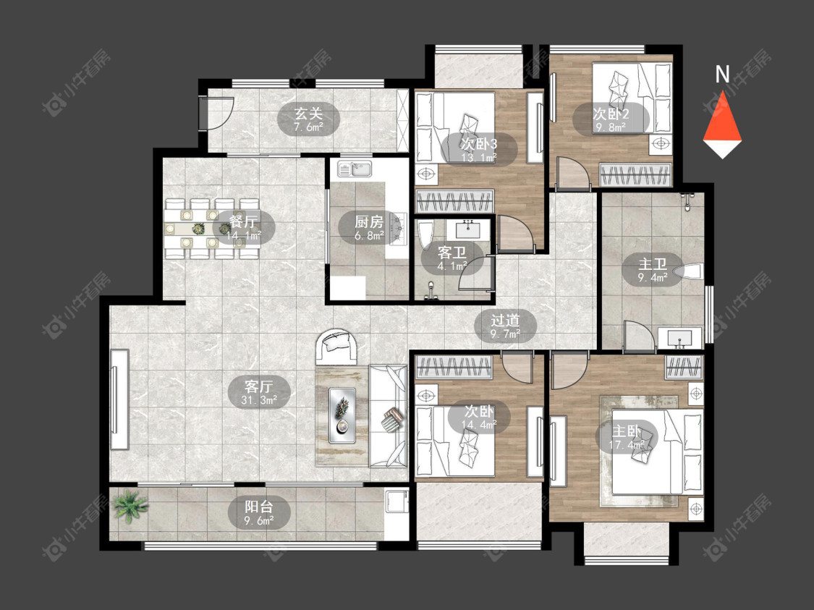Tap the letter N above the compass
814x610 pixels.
(722, 75)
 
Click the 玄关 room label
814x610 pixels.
(308, 113)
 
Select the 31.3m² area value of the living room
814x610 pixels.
(258, 400)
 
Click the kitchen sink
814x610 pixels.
(355, 169)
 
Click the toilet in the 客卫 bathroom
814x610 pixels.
(425, 237)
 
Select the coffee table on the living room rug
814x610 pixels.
(342, 415)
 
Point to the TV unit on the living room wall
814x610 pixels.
(119, 399)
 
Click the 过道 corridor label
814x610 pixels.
(505, 321)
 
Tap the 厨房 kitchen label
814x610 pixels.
(368, 222)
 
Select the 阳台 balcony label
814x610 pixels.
(258, 506)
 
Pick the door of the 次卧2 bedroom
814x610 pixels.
(573, 171)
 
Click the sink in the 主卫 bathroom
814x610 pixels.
(679, 338)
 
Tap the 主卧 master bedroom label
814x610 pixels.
(627, 432)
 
